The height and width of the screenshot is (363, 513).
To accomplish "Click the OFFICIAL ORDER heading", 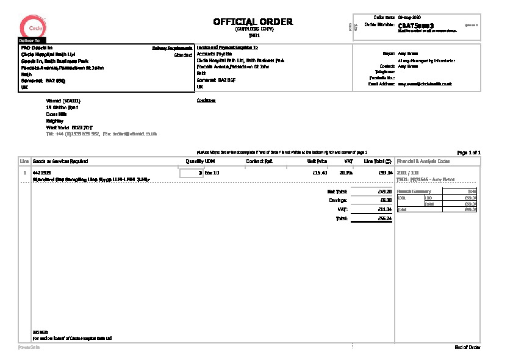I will pyautogui.click(x=253, y=22).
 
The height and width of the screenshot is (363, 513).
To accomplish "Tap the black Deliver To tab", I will pyautogui.click(x=30, y=40).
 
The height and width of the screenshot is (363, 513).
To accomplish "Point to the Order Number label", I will pyautogui.click(x=379, y=25).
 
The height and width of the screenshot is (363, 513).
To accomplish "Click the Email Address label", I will pyautogui.click(x=382, y=84).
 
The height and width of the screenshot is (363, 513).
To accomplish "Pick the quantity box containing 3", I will pyautogui.click(x=192, y=173).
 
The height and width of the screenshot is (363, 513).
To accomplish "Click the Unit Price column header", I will pyautogui.click(x=317, y=161).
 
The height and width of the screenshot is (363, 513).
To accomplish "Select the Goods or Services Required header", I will pyautogui.click(x=60, y=161).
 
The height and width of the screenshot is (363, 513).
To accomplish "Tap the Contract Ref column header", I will pyautogui.click(x=259, y=161).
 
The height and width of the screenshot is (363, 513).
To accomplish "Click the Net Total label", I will pyautogui.click(x=337, y=192).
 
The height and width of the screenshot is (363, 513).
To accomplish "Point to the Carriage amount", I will pyautogui.click(x=386, y=200).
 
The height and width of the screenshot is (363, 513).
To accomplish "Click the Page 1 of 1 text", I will pyautogui.click(x=468, y=152).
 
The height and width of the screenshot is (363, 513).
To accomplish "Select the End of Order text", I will pyautogui.click(x=467, y=347).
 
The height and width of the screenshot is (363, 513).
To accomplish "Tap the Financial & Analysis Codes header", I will pyautogui.click(x=423, y=161).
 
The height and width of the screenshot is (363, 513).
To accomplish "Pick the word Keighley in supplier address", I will pyautogui.click(x=54, y=121).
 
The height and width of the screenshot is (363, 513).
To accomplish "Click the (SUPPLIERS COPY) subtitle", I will pyautogui.click(x=253, y=29).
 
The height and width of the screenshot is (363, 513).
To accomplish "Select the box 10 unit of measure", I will pyautogui.click(x=212, y=173).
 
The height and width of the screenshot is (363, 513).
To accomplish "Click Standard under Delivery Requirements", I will pyautogui.click(x=183, y=55).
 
